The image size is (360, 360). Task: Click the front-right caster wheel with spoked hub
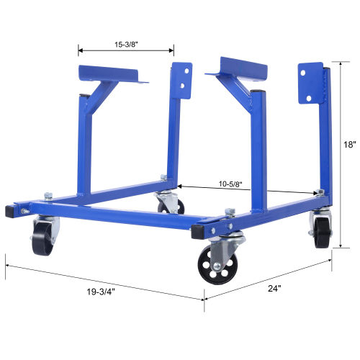point(215,265)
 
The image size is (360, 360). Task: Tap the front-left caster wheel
point(42,236)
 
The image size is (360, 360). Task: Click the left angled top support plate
point(112,75)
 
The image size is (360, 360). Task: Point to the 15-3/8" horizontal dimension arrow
point(125,50)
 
